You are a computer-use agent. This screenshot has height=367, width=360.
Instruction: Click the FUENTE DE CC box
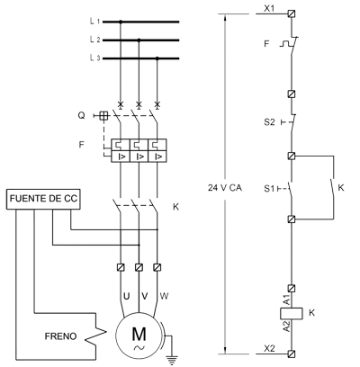click(x=43, y=199)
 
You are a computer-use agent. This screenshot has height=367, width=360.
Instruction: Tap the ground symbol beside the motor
click(x=172, y=359)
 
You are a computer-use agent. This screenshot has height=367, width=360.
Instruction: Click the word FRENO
click(x=60, y=336)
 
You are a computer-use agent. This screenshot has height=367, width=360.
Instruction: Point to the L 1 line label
click(x=94, y=22)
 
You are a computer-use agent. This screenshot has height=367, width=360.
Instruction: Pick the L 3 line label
click(x=94, y=58)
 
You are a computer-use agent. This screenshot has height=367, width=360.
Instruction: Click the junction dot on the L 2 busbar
click(x=139, y=40)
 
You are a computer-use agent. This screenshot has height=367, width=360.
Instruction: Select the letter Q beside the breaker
click(x=81, y=115)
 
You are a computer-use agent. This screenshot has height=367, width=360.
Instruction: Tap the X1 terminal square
click(x=292, y=13)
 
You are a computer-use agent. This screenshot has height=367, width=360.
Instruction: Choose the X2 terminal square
click(x=292, y=354)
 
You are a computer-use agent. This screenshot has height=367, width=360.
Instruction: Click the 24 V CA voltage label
click(x=225, y=188)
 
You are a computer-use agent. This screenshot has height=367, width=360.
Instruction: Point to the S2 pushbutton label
click(x=269, y=122)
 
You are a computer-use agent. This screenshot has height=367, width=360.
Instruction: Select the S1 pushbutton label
click(x=269, y=189)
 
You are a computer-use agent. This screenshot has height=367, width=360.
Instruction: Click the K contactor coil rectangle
click(x=292, y=313)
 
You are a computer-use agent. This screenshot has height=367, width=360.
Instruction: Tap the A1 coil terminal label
click(x=286, y=300)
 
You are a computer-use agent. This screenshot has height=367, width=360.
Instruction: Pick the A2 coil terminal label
click(x=286, y=327)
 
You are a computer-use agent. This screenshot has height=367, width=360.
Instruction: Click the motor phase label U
click(x=127, y=296)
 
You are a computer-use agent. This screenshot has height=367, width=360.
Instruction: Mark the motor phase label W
click(x=164, y=296)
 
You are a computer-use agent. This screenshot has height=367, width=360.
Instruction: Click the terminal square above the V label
click(x=139, y=267)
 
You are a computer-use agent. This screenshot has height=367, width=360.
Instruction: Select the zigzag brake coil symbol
click(x=96, y=332)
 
